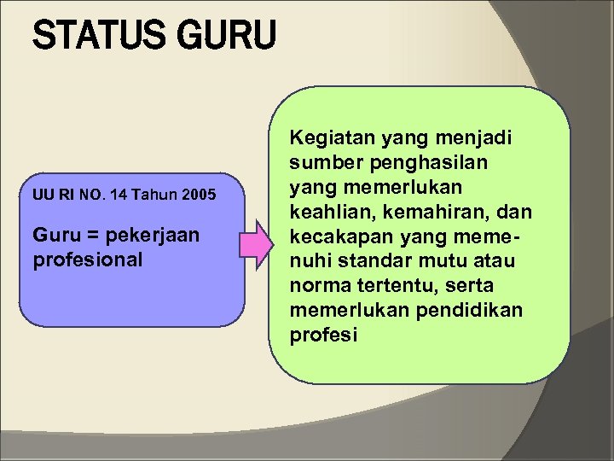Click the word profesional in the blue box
pos(88,258)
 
